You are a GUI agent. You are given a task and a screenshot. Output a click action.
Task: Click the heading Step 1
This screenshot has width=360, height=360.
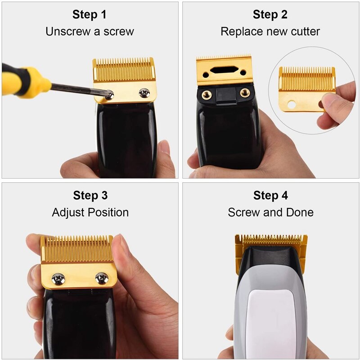click(90, 14)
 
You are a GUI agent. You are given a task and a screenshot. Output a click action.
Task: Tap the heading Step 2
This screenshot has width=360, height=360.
click(270, 14)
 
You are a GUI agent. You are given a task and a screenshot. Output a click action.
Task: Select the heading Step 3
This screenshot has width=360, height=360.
click(90, 195)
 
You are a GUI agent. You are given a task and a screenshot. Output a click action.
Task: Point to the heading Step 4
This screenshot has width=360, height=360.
click(270, 195)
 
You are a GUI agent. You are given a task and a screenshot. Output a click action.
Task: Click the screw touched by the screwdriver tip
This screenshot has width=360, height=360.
click(109, 94)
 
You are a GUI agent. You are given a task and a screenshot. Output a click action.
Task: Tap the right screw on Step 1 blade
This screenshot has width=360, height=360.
click(144, 93)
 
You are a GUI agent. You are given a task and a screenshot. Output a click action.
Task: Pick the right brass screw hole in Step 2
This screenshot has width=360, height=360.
click(245, 93)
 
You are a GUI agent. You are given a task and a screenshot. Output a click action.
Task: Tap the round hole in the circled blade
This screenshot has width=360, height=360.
click(292, 105)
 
